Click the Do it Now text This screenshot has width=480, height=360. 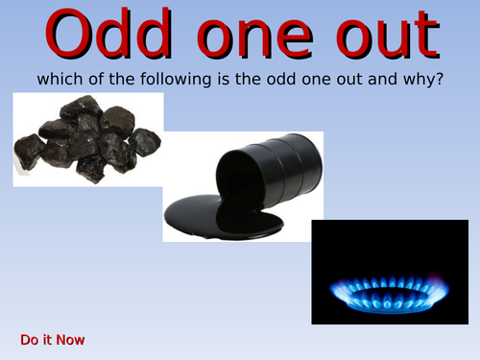coord(53,340)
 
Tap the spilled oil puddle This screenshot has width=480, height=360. coord(226,216)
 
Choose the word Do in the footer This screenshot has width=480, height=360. coord(29,340)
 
